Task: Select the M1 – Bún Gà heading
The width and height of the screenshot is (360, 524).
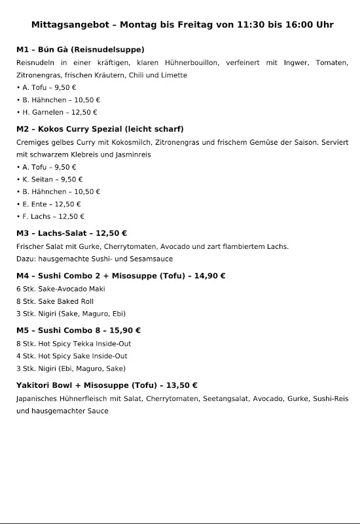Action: pyautogui.click(x=81, y=49)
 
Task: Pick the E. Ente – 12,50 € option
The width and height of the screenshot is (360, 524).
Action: pyautogui.click(x=51, y=204)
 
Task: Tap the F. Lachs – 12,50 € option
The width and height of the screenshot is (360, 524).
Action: pyautogui.click(x=53, y=216)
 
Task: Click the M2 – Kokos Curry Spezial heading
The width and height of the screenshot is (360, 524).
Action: pyautogui.click(x=99, y=129)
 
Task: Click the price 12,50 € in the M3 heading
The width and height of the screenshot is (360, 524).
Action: pyautogui.click(x=111, y=233)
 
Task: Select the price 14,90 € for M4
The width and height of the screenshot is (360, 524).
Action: pyautogui.click(x=208, y=276)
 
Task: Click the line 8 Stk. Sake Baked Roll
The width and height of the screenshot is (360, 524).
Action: pyautogui.click(x=54, y=301)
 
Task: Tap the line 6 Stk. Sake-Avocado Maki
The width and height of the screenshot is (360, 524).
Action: pyautogui.click(x=60, y=289)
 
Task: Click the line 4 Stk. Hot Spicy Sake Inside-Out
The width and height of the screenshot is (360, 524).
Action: pyautogui.click(x=71, y=356)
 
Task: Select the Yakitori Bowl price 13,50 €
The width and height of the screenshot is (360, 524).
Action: pyautogui.click(x=180, y=385)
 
